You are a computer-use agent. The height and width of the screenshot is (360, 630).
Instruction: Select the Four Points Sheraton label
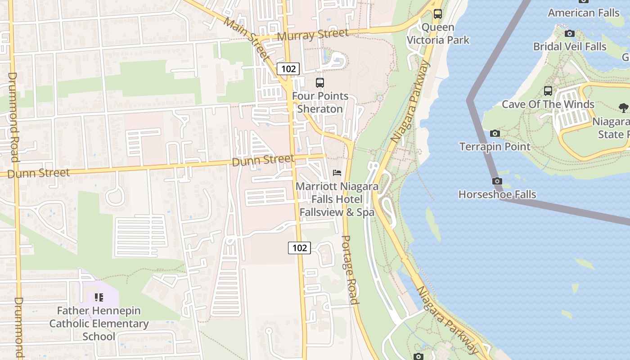coord(320,103)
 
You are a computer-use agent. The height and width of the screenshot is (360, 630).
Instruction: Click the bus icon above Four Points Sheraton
coord(320,83)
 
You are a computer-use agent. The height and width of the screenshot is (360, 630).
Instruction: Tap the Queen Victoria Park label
coord(438,34)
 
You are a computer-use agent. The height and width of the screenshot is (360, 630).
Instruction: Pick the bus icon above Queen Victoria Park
coord(438,14)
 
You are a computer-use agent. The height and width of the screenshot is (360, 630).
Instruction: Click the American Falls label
coord(584,13)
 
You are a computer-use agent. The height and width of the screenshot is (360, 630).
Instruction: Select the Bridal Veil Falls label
coord(570,46)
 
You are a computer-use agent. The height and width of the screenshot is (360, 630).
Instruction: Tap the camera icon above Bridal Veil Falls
coord(570,33)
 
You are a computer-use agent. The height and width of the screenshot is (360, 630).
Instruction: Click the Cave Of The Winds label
coord(548,104)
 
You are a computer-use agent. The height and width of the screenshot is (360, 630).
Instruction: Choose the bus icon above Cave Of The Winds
coord(548,91)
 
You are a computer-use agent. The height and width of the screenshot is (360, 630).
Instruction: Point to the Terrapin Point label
coord(495,146)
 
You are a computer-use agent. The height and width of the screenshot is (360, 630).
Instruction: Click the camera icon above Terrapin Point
coord(495,133)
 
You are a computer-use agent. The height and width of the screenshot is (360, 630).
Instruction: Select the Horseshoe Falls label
coord(497,194)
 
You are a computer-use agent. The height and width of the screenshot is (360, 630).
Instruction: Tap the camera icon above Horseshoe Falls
coord(497,181)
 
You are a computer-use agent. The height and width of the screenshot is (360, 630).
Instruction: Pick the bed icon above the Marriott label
coord(337,173)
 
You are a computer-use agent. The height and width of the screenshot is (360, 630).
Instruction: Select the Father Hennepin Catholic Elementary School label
coord(99,323)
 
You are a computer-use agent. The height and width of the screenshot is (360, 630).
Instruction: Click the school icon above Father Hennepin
coord(99,297)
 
